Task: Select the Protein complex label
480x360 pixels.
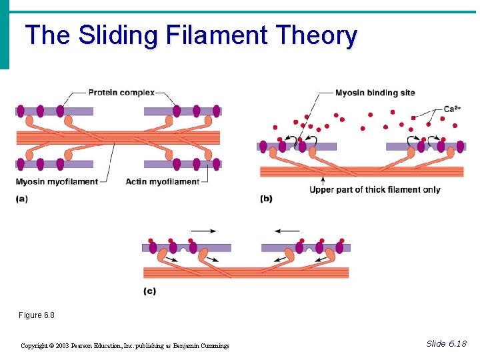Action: (x=121, y=93)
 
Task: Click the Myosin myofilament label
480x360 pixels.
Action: (x=57, y=181)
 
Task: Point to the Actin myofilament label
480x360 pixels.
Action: (x=163, y=181)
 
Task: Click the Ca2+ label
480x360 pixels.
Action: (x=453, y=109)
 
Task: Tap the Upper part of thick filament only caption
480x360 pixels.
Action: (x=375, y=190)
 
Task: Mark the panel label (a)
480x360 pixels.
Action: (x=22, y=199)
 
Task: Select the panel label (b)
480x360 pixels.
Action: (x=266, y=199)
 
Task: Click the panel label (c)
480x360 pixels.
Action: (x=150, y=291)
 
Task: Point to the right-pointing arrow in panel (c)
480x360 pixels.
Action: (x=203, y=231)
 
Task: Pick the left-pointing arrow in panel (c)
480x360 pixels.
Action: (x=287, y=231)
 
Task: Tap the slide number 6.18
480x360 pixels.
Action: (x=457, y=343)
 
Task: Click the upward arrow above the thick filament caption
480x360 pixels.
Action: (x=323, y=179)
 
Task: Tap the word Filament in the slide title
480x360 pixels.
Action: (x=211, y=35)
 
